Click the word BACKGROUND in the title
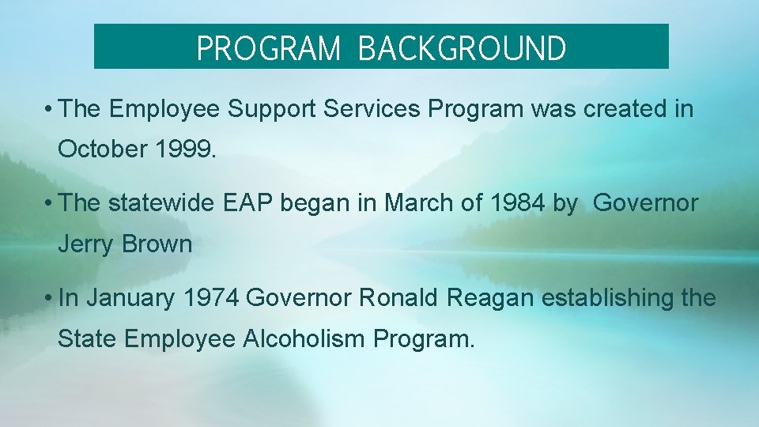point(462,48)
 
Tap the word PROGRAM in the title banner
point(268,48)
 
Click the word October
point(100,149)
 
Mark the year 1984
point(517,203)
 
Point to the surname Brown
point(157,244)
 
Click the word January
point(130,298)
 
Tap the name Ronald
point(399,298)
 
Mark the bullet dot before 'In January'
point(49,299)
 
